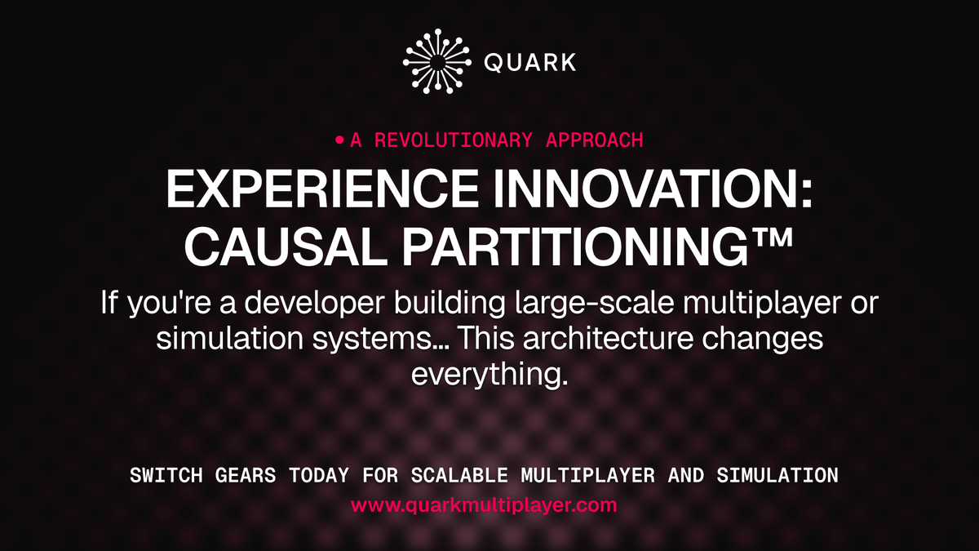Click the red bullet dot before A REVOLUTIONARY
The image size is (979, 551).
(x=340, y=140)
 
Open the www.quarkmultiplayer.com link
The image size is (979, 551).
(x=484, y=505)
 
